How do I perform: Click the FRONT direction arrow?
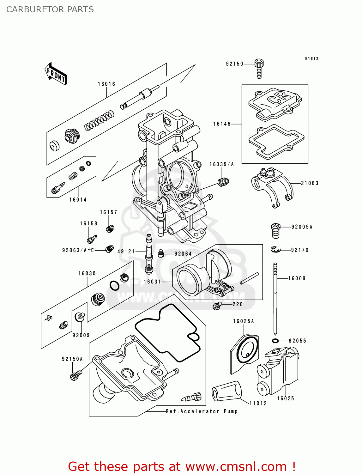(56, 74)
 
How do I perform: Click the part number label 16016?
(106, 84)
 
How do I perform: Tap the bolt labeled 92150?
(259, 68)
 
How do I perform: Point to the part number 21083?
(310, 183)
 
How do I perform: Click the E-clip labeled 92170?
(275, 250)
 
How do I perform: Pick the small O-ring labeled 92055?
(275, 341)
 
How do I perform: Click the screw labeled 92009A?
(275, 230)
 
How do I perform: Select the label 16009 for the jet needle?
(297, 278)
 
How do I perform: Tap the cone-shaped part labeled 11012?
(226, 392)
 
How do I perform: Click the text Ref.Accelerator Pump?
(202, 411)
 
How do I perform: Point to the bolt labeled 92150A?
(75, 375)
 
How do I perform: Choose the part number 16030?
(87, 273)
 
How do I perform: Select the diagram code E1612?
(311, 59)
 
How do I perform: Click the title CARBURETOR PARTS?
(50, 9)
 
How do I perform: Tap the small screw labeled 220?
(217, 306)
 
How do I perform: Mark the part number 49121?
(126, 252)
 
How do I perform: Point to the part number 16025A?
(243, 321)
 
